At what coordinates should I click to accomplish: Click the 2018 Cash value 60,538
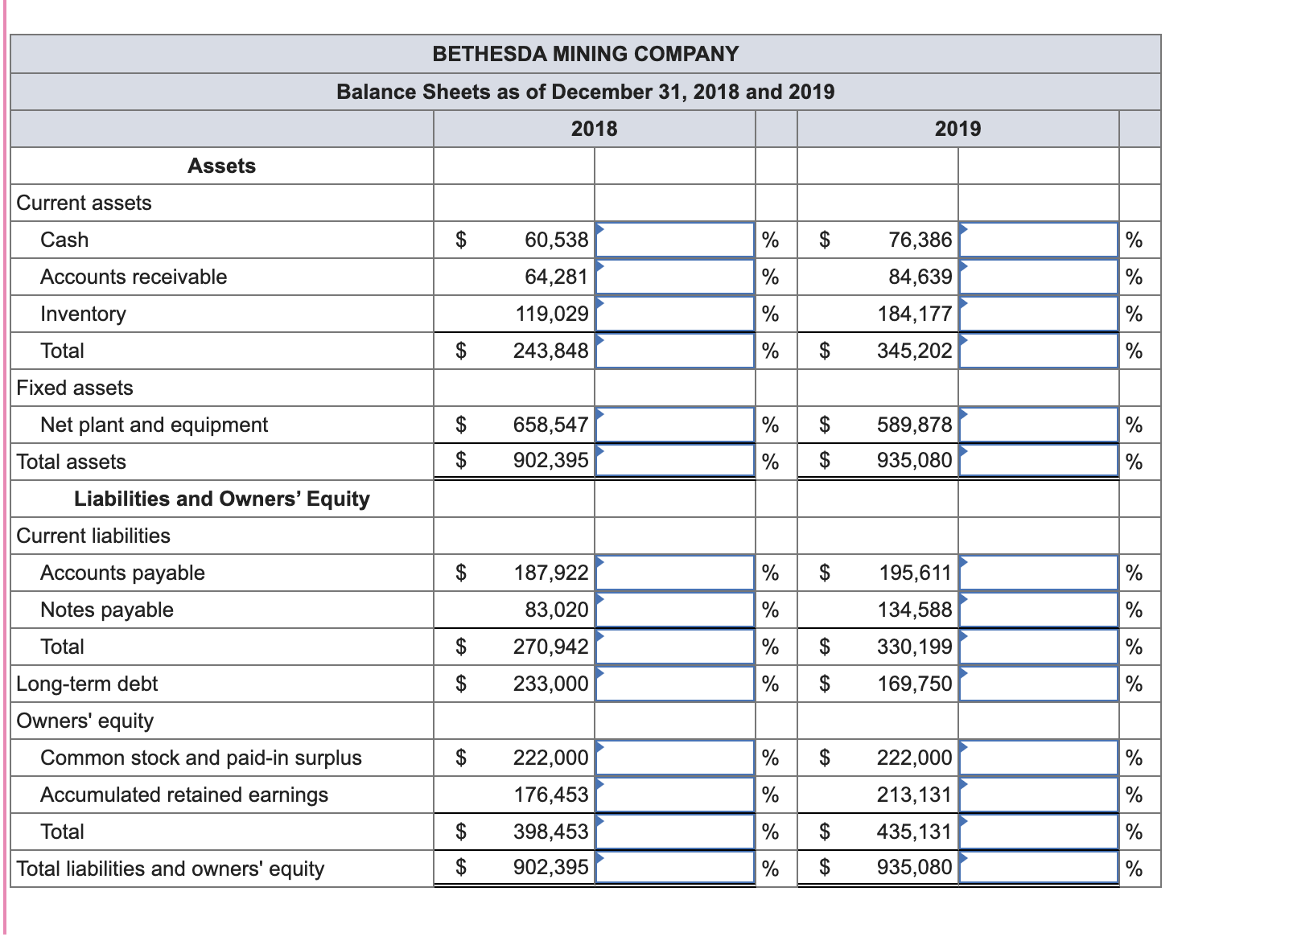556,240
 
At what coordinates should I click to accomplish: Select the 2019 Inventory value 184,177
914,314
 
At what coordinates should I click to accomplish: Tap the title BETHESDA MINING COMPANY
585,54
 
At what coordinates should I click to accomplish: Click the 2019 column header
957,129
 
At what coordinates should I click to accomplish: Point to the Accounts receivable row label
134,277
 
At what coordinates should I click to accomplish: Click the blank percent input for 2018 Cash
674,240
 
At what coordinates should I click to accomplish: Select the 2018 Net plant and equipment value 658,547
550,425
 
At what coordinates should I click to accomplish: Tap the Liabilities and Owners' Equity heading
221,499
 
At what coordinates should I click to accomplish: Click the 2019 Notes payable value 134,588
914,610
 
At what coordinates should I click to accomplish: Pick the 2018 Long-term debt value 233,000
550,684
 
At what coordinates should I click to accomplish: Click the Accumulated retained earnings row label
184,795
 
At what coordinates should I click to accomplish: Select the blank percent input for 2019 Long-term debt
1038,684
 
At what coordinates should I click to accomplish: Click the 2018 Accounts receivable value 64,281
556,277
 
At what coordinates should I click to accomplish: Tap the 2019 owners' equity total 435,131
914,832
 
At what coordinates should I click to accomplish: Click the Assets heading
221,166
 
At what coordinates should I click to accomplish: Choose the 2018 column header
594,129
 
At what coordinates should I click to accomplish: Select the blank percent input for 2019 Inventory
1038,314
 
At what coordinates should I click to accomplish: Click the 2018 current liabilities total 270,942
550,647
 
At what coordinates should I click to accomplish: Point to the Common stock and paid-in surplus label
201,758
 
